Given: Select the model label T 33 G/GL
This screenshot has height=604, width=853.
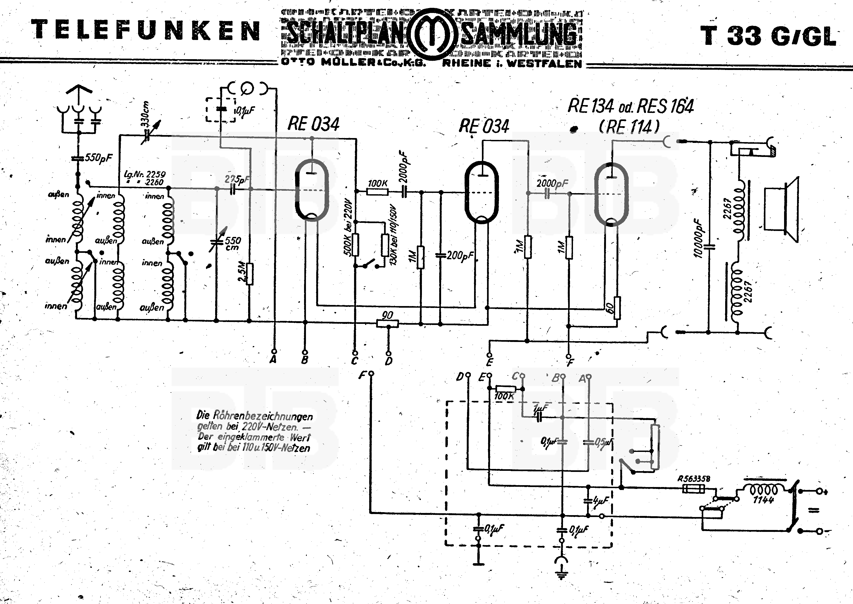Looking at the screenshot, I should [x=768, y=36].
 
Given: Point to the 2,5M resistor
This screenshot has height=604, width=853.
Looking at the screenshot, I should [x=249, y=274].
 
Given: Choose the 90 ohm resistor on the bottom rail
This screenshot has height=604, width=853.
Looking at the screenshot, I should [x=387, y=324].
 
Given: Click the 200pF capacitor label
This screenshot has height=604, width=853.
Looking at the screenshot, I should [x=460, y=256].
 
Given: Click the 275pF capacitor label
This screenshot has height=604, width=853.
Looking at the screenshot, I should [x=237, y=180].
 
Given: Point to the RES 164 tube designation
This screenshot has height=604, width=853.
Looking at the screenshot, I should [x=665, y=107].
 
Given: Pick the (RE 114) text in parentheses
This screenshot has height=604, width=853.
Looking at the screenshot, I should [x=629, y=127].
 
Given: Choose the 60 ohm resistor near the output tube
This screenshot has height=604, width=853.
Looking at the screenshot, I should [x=617, y=308].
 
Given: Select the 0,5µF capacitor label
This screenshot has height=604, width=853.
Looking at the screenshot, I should [x=603, y=442].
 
